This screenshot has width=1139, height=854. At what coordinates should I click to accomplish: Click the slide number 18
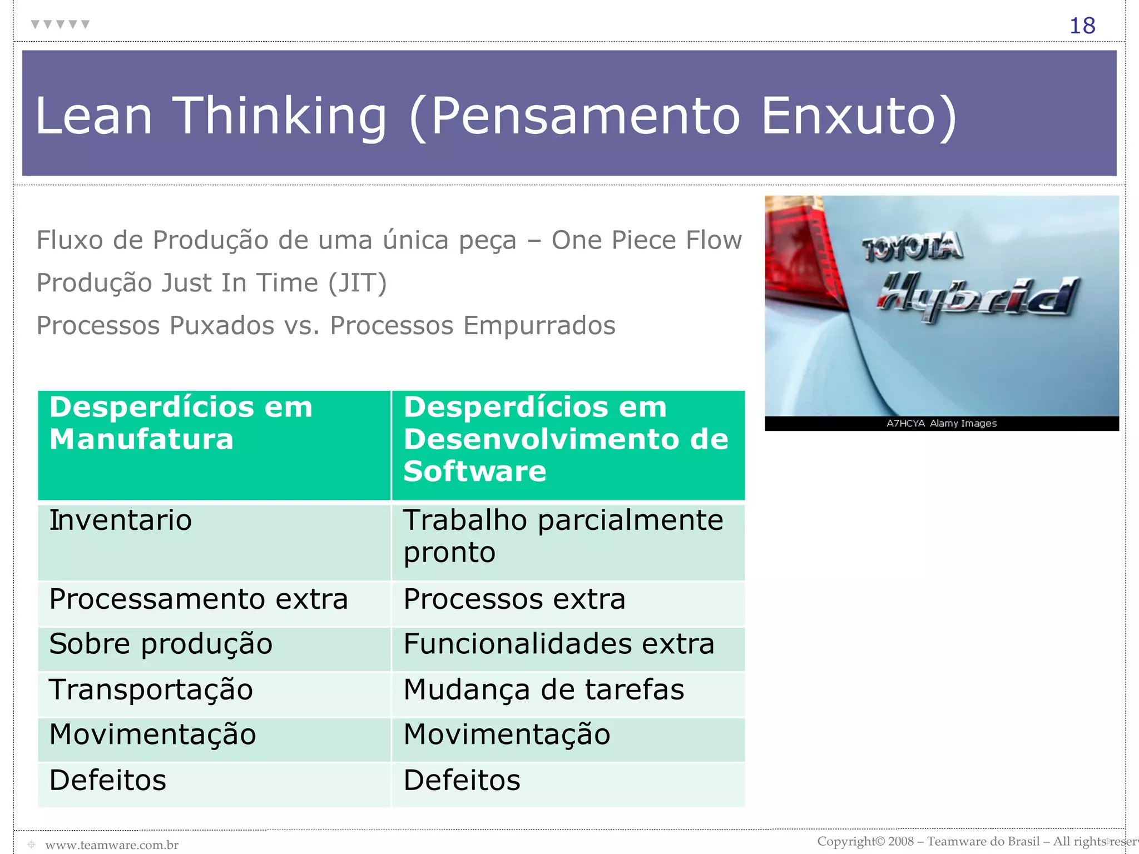click(x=1082, y=26)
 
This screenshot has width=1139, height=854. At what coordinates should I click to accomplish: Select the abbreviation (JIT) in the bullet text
click(x=357, y=283)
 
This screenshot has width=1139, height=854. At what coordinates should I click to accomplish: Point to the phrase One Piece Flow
click(x=646, y=240)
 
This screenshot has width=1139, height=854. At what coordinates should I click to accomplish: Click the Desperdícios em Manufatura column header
click(x=214, y=444)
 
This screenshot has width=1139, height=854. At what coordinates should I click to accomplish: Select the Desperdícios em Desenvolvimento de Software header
click(x=568, y=444)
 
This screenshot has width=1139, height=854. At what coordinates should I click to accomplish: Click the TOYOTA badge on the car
click(x=912, y=247)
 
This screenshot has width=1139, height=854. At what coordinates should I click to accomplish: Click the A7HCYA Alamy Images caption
click(x=941, y=424)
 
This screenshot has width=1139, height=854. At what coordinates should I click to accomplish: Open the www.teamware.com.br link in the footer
click(x=112, y=845)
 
